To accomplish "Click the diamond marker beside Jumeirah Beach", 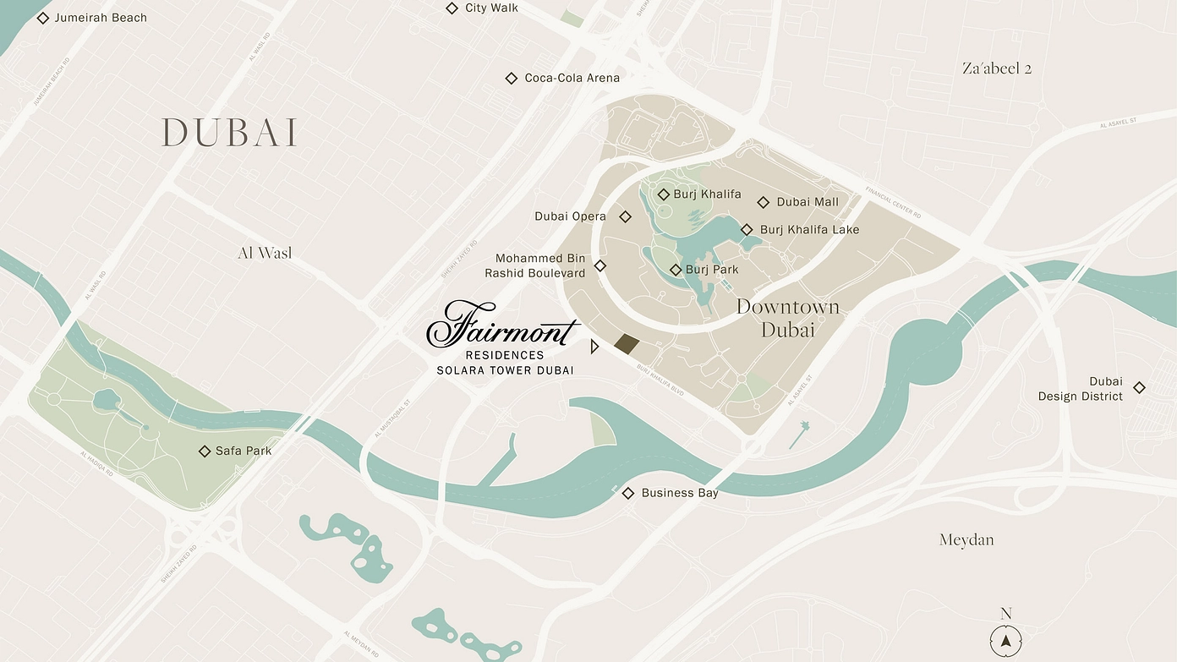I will point(43,18).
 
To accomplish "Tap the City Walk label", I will point(491,8).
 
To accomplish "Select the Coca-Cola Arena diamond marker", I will point(511,79).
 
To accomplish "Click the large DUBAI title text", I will point(229,133).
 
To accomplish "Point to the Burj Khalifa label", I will point(707,194).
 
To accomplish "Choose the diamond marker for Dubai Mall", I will point(763,202).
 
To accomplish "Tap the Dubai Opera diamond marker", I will point(626,216).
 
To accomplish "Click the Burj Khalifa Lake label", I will point(809,230).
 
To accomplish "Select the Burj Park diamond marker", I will point(676,270).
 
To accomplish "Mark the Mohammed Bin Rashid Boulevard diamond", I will point(600,265).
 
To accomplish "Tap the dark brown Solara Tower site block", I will point(627,343).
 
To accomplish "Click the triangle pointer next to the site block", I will point(594,346).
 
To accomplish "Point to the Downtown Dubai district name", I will point(787,318).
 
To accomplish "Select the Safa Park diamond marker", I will point(205,451).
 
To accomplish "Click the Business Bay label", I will point(679,493).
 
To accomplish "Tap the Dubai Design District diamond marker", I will point(1139,388).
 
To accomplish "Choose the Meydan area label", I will point(966,539).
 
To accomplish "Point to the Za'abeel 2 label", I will point(997,68).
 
